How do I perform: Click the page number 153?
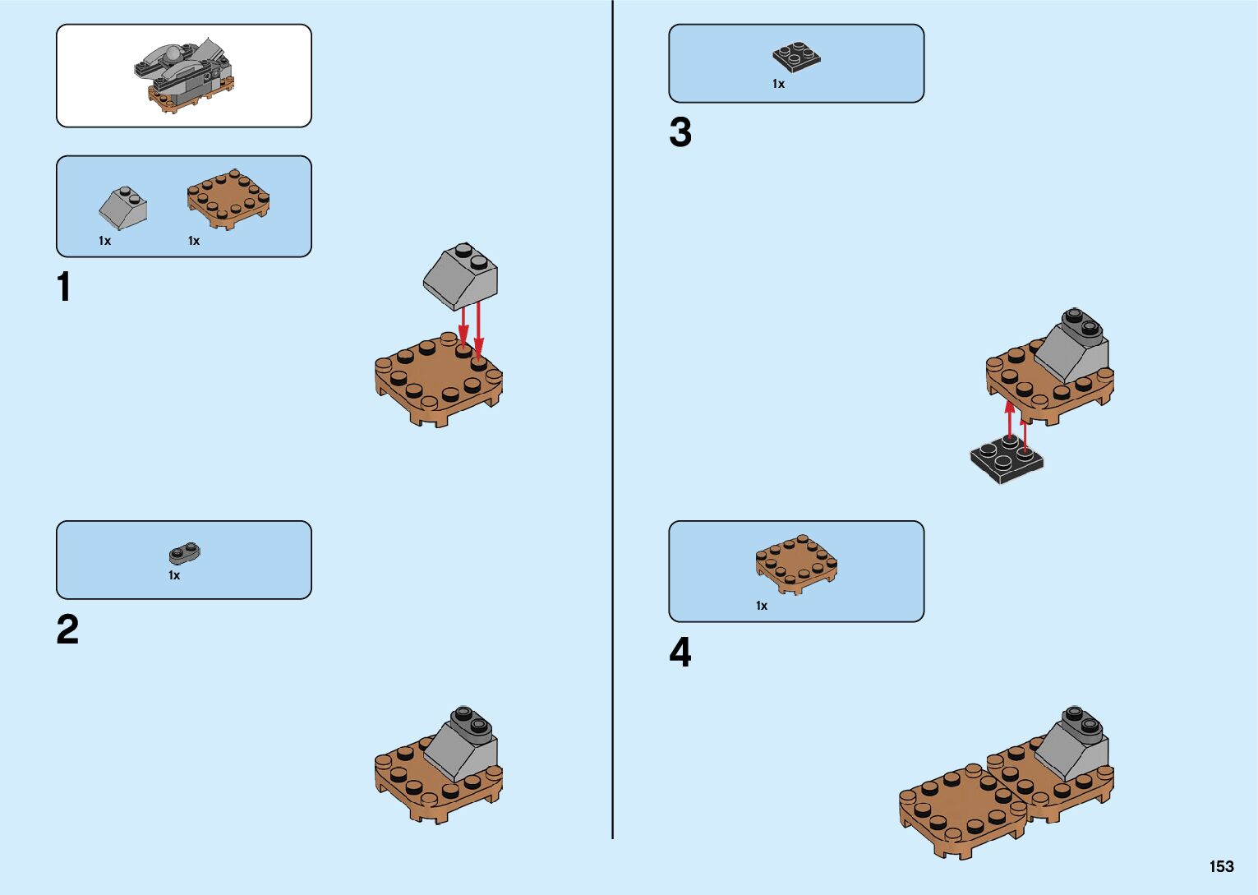pyautogui.click(x=1221, y=866)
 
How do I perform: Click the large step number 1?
pyautogui.click(x=64, y=288)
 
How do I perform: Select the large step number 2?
pyautogui.click(x=67, y=630)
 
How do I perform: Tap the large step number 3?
pyautogui.click(x=680, y=132)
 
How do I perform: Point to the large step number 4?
pyautogui.click(x=680, y=653)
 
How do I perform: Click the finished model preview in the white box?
pyautogui.click(x=184, y=76)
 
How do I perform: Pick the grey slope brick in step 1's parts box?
pyautogui.click(x=123, y=208)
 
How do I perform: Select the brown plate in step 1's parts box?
pyautogui.click(x=228, y=200)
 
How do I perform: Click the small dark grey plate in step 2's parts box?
pyautogui.click(x=185, y=553)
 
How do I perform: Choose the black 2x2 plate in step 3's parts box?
pyautogui.click(x=796, y=57)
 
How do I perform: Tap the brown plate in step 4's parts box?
pyautogui.click(x=796, y=564)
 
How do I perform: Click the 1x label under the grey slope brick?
pyautogui.click(x=104, y=241)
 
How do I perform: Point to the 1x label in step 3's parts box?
pyautogui.click(x=778, y=84)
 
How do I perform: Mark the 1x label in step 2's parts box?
pyautogui.click(x=174, y=575)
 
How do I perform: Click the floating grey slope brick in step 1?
pyautogui.click(x=461, y=276)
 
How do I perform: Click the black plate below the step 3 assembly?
pyautogui.click(x=1007, y=460)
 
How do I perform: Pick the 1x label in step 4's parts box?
pyautogui.click(x=762, y=606)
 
